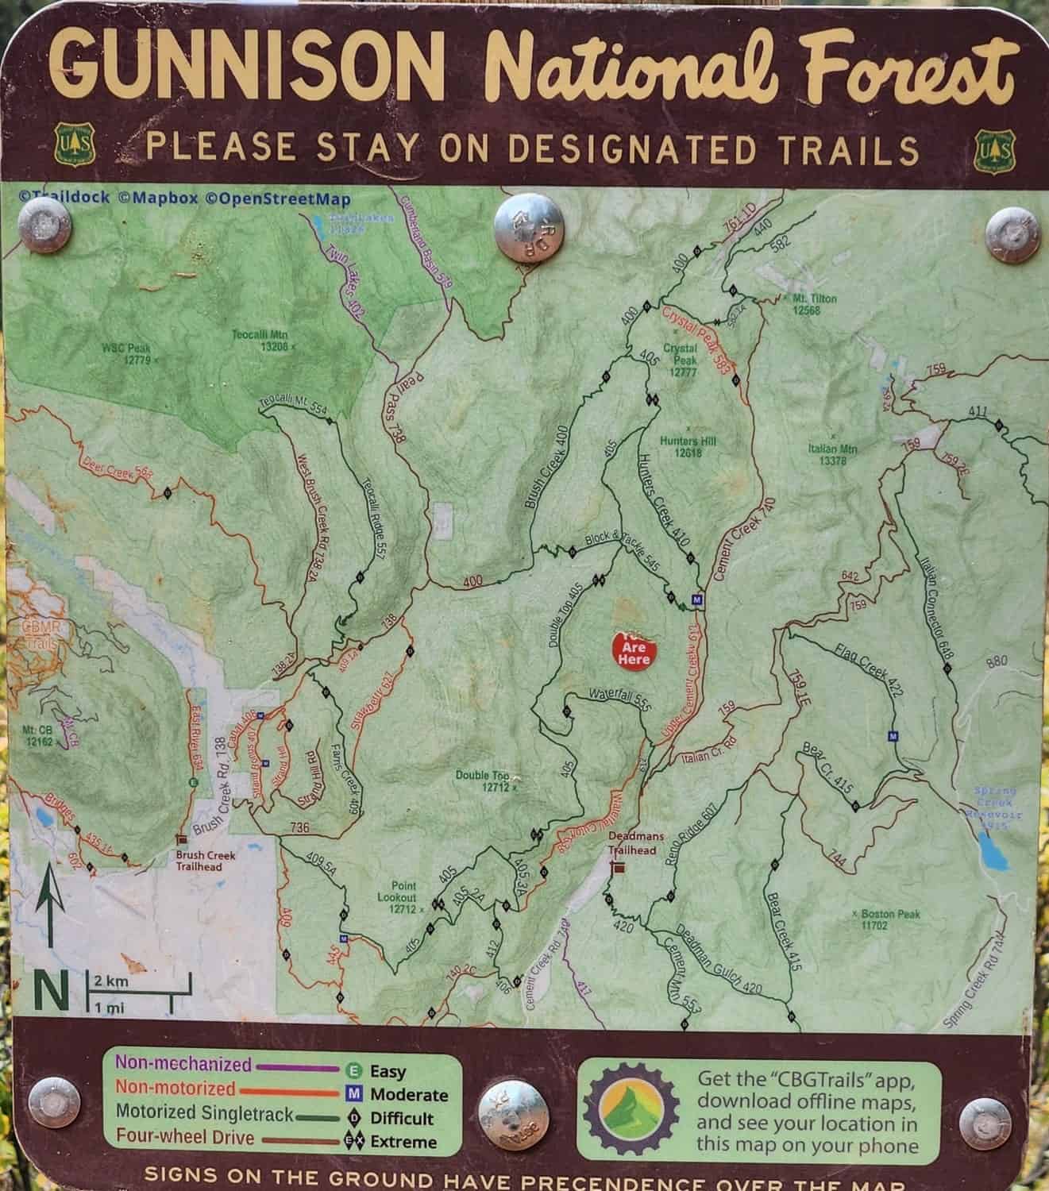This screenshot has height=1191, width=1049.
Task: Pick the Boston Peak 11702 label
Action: pyautogui.click(x=889, y=919)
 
